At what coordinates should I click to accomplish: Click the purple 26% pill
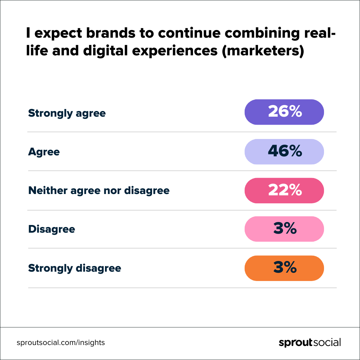(284, 112)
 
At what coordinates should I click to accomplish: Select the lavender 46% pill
(284, 152)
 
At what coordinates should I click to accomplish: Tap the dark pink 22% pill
(284, 191)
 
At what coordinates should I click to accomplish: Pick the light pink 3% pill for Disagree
(284, 229)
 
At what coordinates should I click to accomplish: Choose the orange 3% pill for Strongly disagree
(284, 268)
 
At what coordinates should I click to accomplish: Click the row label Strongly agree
(67, 113)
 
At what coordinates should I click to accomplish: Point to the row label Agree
(44, 152)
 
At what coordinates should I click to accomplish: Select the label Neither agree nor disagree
(99, 191)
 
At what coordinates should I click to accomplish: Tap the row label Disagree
(52, 229)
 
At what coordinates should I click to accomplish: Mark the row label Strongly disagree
(74, 268)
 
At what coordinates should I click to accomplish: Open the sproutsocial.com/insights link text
(61, 343)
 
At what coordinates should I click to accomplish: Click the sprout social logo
(310, 343)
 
